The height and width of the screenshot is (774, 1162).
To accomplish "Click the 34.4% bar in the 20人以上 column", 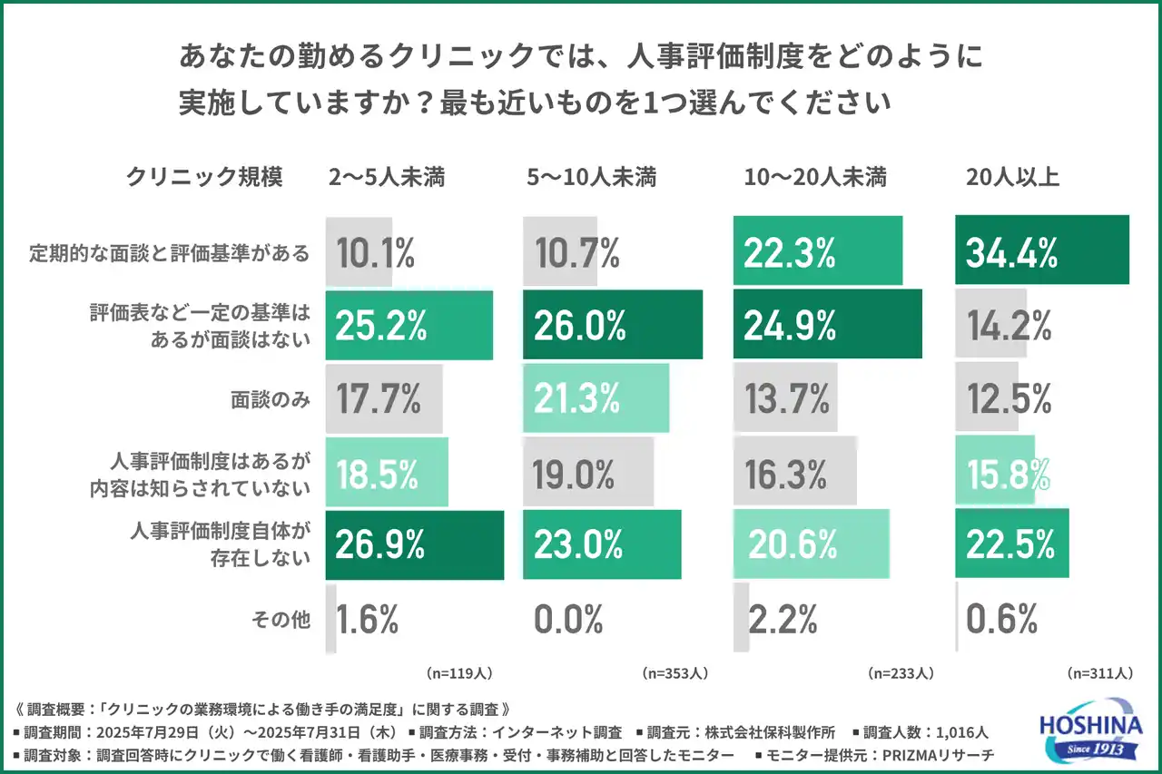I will tap(1041, 250).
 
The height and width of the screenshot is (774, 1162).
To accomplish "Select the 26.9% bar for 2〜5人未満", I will tap(414, 545).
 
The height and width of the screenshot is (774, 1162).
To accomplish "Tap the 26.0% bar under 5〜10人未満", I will tap(612, 325).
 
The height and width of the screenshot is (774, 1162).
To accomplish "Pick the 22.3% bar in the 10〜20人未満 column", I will tap(817, 250).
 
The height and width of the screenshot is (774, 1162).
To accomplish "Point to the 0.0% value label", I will tap(569, 620).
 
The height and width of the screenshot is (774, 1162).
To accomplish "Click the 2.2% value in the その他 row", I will tap(783, 620).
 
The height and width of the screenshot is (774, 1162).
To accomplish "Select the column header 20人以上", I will tap(1012, 178).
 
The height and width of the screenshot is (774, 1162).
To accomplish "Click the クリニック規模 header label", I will tap(204, 178).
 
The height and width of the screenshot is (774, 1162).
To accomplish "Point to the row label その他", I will tap(281, 620).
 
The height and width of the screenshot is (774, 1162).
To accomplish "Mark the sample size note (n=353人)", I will tap(675, 674).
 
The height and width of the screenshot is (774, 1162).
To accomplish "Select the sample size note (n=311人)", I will tap(1099, 674).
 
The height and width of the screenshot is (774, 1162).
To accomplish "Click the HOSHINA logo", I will tap(1086, 729).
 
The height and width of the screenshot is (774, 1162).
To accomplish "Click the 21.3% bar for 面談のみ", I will tap(596, 398).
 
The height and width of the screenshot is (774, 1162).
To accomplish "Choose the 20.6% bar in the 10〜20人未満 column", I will tap(810, 545).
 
